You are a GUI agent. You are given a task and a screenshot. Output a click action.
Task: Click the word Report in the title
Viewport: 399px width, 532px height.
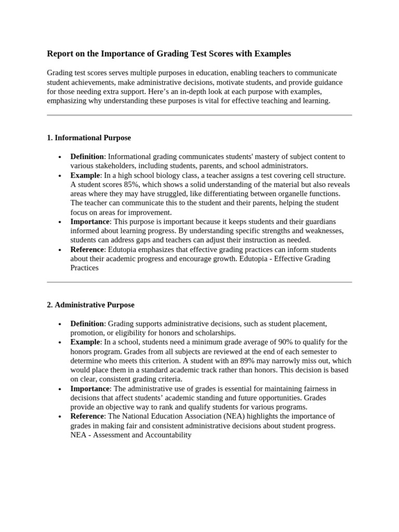pos(60,54)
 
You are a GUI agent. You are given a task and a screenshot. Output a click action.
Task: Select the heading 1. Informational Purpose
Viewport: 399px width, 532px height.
pos(89,138)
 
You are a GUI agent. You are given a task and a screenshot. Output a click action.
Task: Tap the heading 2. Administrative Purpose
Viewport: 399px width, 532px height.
pos(90,305)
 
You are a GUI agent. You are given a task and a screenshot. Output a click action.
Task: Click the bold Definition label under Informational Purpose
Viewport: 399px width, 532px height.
pos(87,156)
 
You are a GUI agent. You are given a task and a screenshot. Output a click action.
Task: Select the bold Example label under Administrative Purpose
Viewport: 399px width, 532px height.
pos(85,342)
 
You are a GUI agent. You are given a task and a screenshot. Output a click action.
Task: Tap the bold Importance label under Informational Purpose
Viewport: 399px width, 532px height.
pos(90,221)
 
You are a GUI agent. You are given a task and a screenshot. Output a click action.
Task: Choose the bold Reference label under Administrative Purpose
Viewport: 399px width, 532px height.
pos(88,416)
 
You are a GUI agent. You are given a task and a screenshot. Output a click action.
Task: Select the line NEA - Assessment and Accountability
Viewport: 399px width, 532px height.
pos(131,435)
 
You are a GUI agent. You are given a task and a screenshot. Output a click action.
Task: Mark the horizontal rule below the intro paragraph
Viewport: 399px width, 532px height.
pos(199,115)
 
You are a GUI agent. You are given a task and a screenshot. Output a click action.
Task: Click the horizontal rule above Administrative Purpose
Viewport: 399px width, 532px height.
pos(199,282)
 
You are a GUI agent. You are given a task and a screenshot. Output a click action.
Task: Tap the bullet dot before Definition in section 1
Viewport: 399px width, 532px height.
pos(61,157)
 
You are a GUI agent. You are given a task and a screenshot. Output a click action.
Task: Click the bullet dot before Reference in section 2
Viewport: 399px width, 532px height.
pos(61,417)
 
